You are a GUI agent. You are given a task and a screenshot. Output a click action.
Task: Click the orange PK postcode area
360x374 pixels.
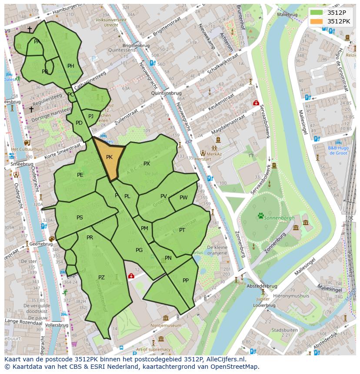pos(109,159)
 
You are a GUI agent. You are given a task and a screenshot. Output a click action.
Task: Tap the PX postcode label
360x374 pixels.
pos(147,164)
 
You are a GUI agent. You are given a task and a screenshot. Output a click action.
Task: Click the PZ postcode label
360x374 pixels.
pos(101,278)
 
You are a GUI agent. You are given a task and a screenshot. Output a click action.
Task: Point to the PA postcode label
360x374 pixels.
pos(37,42)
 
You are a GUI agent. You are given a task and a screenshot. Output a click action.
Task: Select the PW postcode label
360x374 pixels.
pos(183,198)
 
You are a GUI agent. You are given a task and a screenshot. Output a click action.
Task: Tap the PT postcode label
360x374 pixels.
pos(182,230)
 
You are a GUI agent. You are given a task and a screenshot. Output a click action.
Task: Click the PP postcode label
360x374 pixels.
pos(186,280)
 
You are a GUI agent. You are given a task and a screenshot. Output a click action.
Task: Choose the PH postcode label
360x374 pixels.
pos(71,66)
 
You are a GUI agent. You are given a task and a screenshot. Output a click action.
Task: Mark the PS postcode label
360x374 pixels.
pos(80,218)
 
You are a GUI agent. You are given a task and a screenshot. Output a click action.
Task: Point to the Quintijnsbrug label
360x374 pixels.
pos(166,93)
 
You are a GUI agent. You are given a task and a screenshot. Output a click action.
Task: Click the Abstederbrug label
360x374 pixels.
pos(262,286)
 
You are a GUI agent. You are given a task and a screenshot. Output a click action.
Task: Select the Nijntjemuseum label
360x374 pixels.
pos(165,325)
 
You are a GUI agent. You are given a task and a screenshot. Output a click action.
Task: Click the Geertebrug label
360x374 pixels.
pos(41,244)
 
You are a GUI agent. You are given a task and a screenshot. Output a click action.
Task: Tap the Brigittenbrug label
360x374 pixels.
pos(136,45)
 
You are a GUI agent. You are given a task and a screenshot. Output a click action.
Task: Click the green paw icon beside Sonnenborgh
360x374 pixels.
pos(261,215)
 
